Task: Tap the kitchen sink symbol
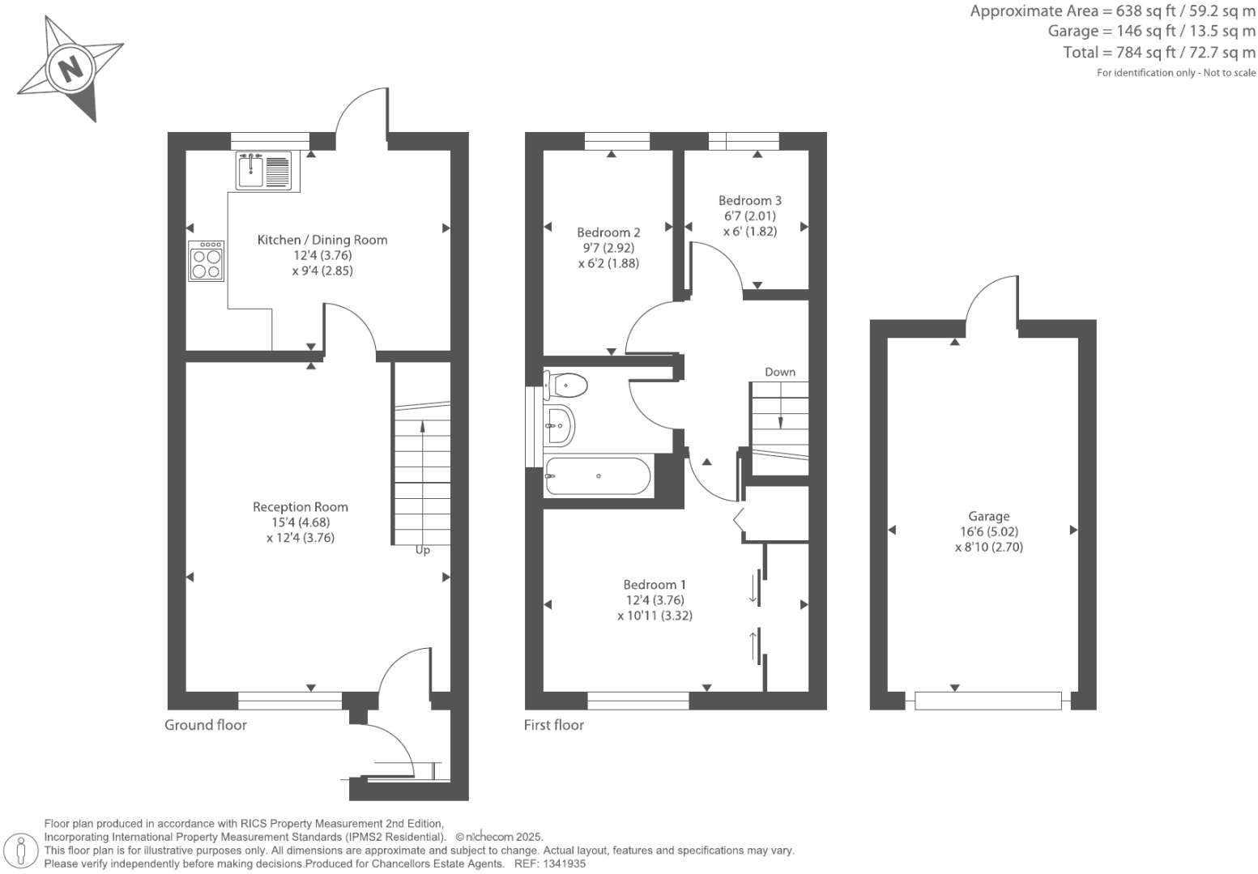[250, 170]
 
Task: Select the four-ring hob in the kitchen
[207, 261]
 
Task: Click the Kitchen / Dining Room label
[322, 240]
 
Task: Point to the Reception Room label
[300, 507]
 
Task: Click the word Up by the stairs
[422, 550]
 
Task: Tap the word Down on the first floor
[779, 372]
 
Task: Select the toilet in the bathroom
[566, 386]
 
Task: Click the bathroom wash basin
[559, 424]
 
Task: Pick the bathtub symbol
[598, 476]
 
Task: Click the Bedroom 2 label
[608, 232]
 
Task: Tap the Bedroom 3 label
[749, 201]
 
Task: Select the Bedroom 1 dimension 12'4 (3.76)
[655, 600]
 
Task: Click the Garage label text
[988, 516]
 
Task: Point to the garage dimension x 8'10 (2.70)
[988, 547]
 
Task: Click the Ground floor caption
[205, 725]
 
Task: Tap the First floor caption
[553, 725]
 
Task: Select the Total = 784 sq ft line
[1158, 53]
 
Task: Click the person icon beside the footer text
[22, 851]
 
